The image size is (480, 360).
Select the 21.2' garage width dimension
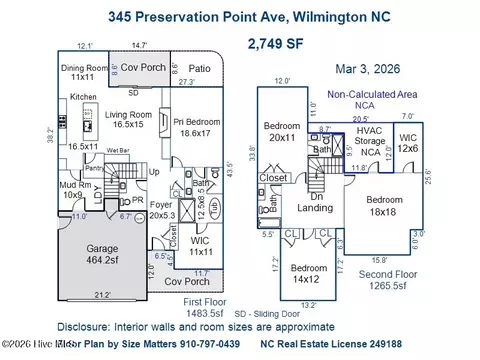tap(102, 295)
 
